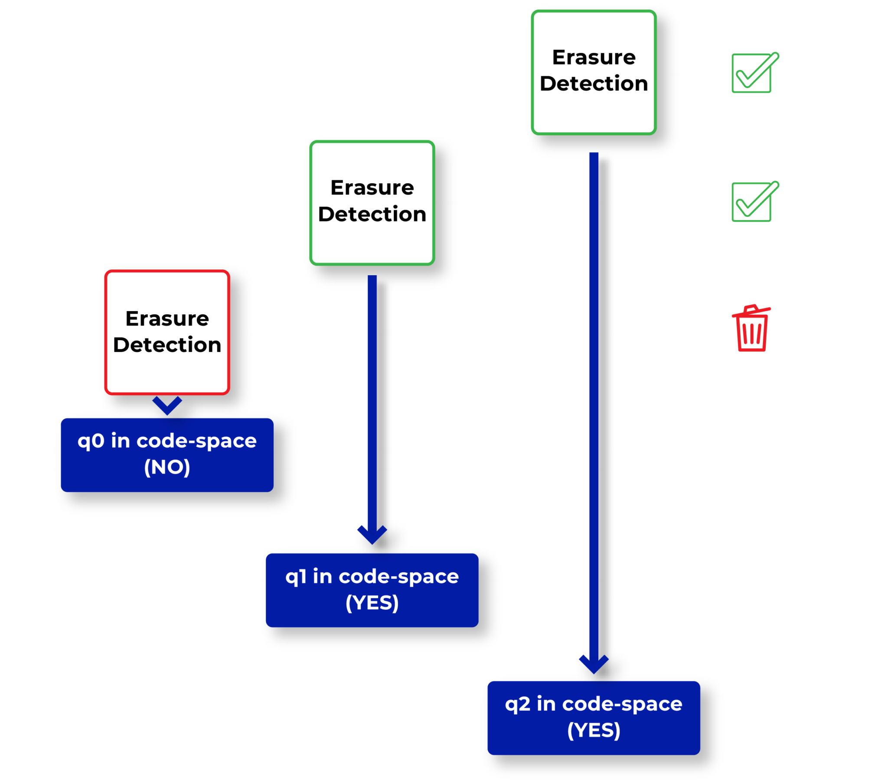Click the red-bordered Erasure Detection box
167,332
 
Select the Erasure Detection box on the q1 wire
372,202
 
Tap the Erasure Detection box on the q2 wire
594,72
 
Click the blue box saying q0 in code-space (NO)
167,455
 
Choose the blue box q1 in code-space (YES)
372,590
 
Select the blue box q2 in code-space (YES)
594,718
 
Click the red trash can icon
751,329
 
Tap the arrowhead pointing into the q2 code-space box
594,664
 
